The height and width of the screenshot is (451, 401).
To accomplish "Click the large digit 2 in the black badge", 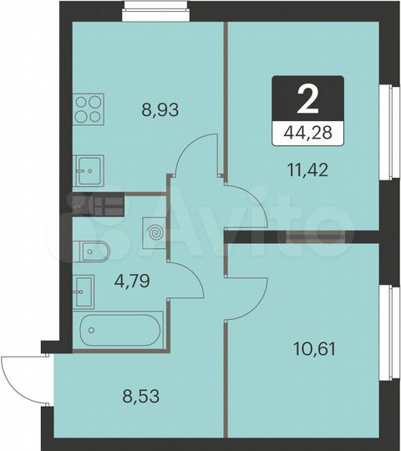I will [307, 100].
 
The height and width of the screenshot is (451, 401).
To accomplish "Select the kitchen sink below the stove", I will [87, 171].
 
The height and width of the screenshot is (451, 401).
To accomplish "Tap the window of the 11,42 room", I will [386, 131].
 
